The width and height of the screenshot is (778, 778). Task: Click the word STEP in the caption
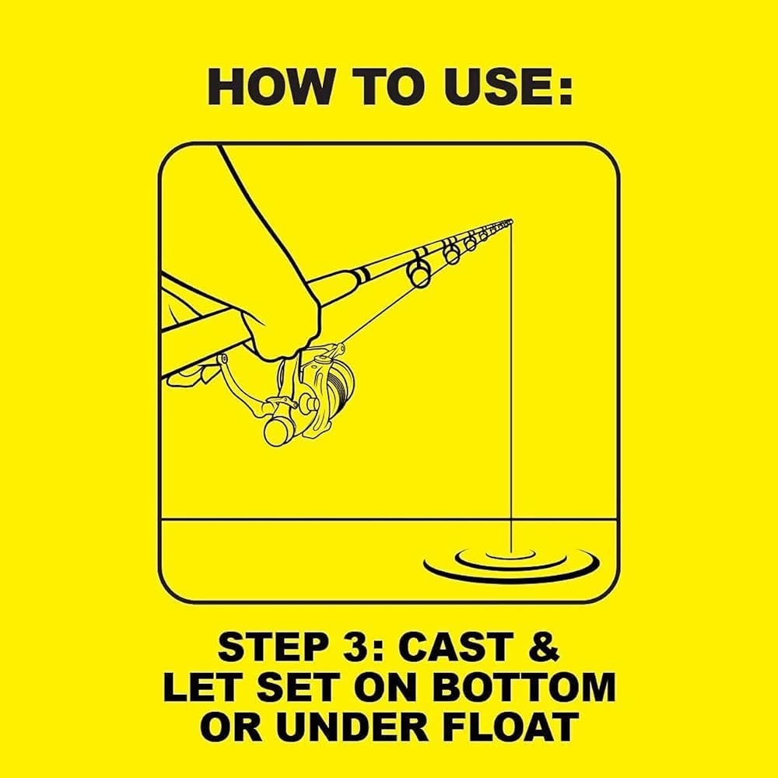[x=266, y=647]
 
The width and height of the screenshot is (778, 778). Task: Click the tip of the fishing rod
[x=512, y=220]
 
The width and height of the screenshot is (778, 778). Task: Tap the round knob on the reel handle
[x=276, y=431]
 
